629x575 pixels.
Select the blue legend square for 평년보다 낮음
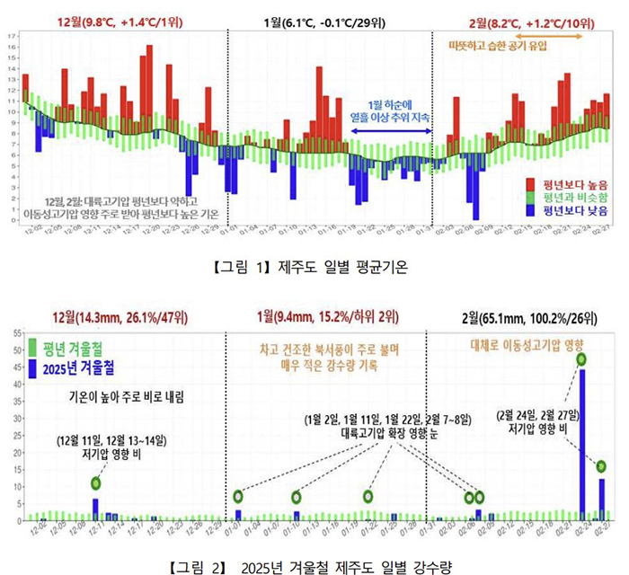pos(532,210)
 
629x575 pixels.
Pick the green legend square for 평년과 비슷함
pos(532,197)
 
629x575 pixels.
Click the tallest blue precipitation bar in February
pos(582,445)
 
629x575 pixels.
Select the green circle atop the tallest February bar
pos(582,359)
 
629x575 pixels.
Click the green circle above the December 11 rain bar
pos(95,483)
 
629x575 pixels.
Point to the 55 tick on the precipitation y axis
pos(17,332)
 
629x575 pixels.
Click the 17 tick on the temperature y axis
pos(12,37)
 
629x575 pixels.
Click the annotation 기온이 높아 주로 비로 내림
pos(127,396)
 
